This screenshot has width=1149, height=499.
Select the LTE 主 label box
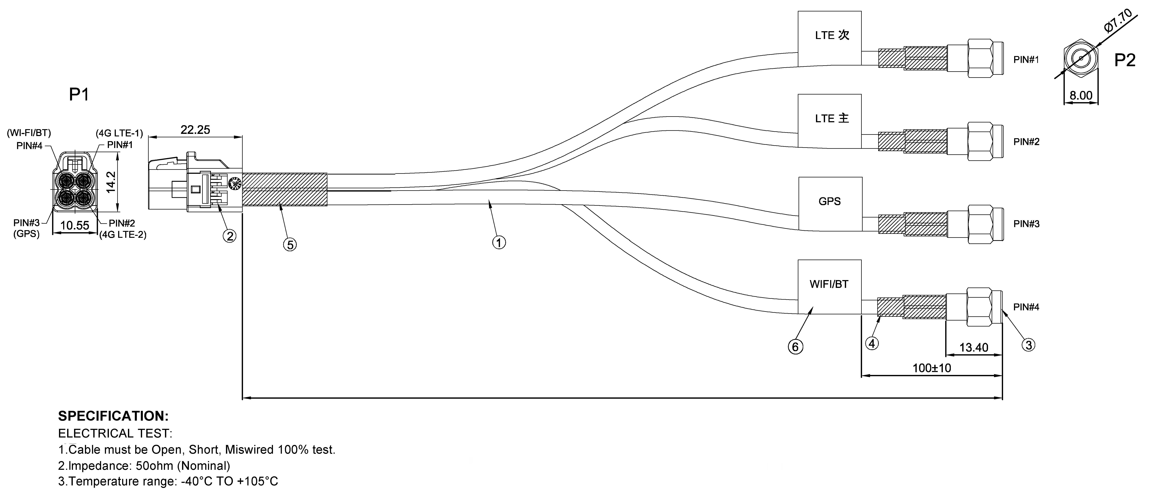click(829, 121)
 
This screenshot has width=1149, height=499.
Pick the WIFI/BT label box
click(829, 287)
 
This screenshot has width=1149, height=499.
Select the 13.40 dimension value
click(974, 347)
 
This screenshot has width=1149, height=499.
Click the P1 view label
click(79, 95)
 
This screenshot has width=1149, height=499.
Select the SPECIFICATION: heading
click(113, 416)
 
